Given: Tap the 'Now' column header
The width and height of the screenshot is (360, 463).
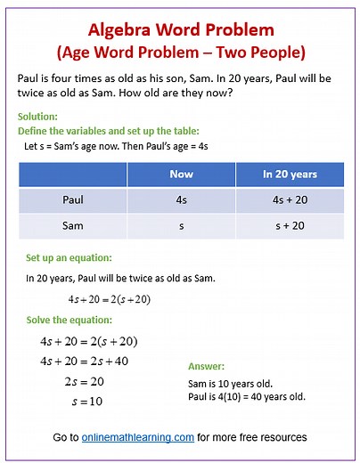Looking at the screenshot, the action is click(181, 174).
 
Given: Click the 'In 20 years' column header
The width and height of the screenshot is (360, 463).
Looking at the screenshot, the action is click(289, 174).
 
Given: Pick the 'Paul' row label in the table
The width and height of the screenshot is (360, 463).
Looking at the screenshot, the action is click(73, 199).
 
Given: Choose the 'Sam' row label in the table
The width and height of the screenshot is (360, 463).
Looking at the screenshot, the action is click(73, 225).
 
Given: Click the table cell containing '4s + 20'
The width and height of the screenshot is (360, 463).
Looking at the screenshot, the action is click(289, 199).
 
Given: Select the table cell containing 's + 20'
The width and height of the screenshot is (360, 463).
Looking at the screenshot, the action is click(289, 225).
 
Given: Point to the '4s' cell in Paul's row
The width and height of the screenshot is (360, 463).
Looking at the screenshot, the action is click(181, 199).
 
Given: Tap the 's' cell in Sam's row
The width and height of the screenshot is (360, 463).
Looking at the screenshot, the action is click(181, 225).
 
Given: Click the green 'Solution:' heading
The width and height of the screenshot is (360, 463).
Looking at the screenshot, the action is click(37, 117).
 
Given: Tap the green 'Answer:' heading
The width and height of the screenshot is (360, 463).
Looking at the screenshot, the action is click(207, 366).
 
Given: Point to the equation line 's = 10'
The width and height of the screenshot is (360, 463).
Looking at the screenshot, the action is click(86, 401).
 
